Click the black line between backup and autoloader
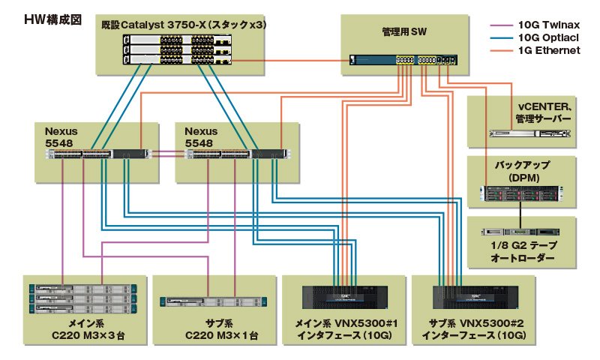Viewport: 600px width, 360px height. coord(520,215)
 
